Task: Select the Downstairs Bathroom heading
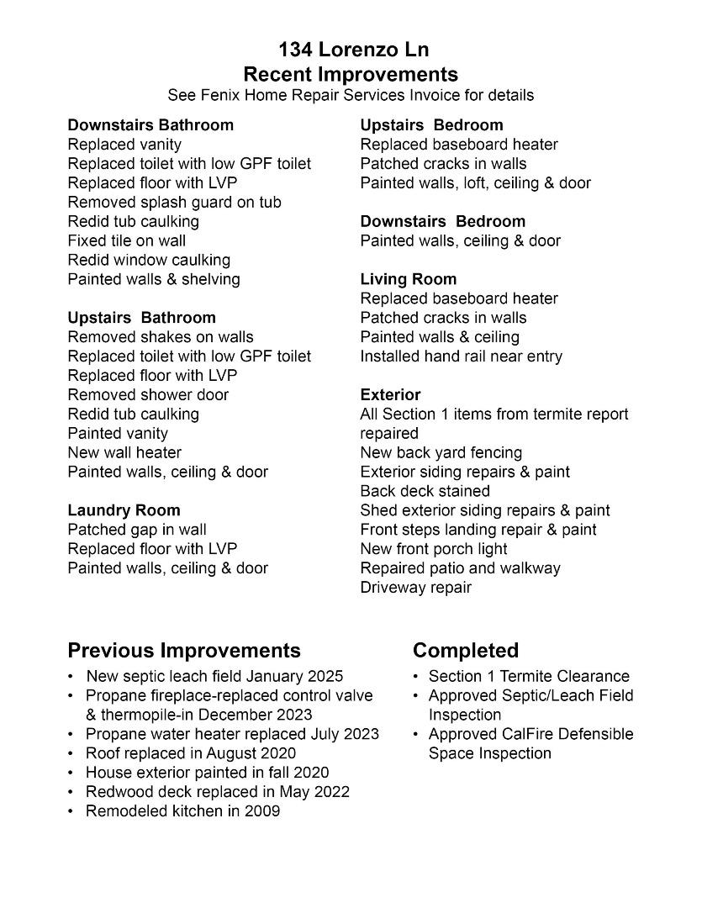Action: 150,125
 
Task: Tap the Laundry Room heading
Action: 124,510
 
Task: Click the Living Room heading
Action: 408,279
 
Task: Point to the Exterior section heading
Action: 390,394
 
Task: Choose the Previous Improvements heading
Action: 183,651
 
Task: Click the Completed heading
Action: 465,651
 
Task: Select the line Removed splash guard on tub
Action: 174,203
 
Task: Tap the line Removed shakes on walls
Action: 160,337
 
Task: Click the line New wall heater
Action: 124,452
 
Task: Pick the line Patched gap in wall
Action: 137,530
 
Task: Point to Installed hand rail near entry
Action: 461,356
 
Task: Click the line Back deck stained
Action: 425,491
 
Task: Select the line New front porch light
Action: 434,549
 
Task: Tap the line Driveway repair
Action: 415,588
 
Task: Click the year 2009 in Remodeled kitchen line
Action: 262,811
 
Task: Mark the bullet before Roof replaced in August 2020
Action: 73,753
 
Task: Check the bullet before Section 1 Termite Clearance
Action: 416,677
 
